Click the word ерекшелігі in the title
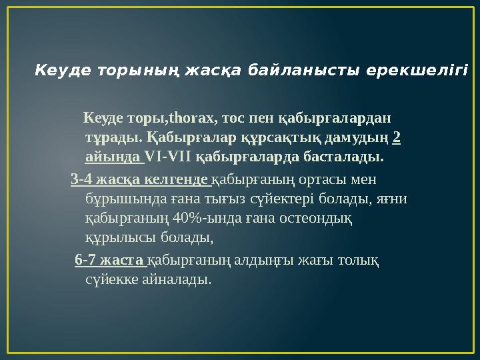[x=429, y=69]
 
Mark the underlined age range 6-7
[x=85, y=259]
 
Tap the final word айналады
[x=179, y=279]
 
